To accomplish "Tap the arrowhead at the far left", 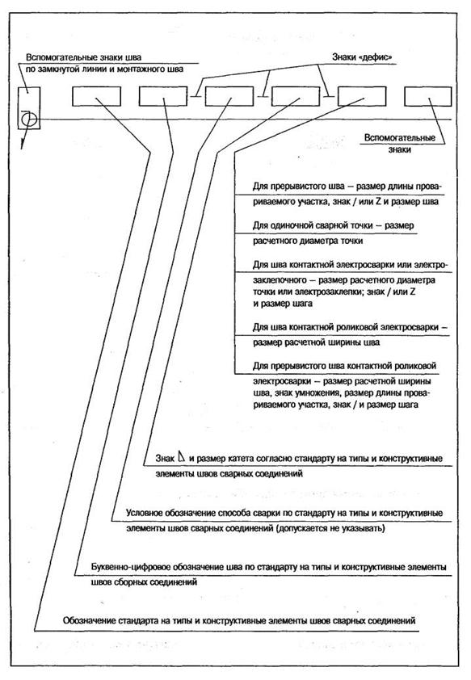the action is pyautogui.click(x=22, y=145).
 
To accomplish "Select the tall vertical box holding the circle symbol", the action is pyautogui.click(x=29, y=108).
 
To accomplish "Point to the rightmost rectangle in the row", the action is pyautogui.click(x=428, y=96).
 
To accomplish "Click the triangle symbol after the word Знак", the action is pyautogui.click(x=181, y=456).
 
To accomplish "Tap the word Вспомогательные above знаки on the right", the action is pyautogui.click(x=399, y=138).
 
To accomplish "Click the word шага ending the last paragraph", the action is pyautogui.click(x=409, y=405).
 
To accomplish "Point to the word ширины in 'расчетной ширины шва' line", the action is pyautogui.click(x=347, y=342).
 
